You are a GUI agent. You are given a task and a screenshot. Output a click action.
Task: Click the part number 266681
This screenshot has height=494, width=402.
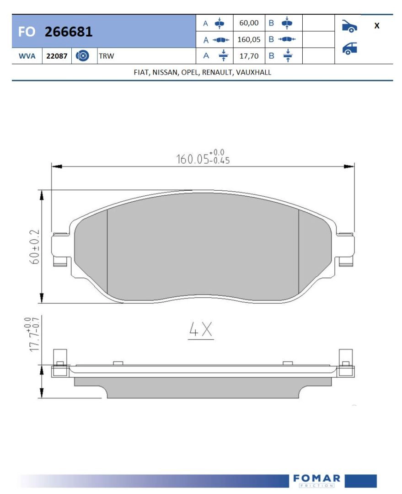point(69,32)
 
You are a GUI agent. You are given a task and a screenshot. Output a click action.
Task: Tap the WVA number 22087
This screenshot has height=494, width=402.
point(57,56)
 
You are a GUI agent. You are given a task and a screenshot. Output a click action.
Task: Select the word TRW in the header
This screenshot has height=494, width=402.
point(107,56)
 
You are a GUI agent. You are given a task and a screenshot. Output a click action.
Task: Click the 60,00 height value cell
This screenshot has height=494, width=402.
point(249,23)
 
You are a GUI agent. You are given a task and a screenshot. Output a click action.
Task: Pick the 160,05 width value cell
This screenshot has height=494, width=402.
point(249,39)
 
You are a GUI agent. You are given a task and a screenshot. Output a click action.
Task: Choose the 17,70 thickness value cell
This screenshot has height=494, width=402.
point(249,56)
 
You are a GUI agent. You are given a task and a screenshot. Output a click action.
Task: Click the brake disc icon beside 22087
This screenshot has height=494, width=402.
point(82,56)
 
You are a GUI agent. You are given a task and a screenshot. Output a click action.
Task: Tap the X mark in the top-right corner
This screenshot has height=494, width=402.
point(377,26)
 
